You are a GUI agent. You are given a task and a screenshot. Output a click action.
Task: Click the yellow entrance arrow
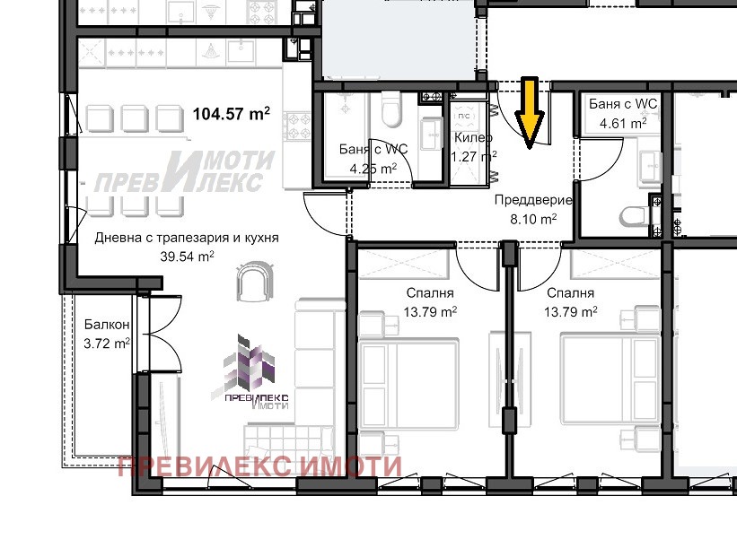coord(530,113)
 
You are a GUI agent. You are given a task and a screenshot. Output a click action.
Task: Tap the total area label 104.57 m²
coord(232,114)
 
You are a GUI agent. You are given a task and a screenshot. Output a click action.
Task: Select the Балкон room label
coord(107,325)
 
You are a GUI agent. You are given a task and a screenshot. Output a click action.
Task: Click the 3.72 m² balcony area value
coord(107,344)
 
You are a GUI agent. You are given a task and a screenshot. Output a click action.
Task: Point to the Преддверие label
coord(533,200)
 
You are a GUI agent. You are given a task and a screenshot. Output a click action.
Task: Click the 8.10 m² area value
coord(533,219)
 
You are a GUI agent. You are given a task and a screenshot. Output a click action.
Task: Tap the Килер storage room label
coord(473,137)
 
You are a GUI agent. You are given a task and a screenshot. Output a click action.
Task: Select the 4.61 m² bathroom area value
coord(623,124)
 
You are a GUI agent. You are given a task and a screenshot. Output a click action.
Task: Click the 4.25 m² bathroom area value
coord(373,168)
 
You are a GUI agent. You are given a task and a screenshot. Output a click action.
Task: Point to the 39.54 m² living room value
coord(187,257)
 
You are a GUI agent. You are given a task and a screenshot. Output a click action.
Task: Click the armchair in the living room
coord(255,281)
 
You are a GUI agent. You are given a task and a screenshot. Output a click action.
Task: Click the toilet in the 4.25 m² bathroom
coord(390,109)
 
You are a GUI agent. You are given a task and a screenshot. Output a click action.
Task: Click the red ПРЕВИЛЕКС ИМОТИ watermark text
coord(260,466)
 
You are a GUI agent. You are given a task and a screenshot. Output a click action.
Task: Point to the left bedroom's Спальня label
coord(430,293)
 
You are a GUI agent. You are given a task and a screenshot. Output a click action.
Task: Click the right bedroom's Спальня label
coord(571,293)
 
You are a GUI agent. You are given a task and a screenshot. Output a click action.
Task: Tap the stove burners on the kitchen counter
coord(296,126)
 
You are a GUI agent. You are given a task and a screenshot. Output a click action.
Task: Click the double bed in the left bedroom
coord(408,384)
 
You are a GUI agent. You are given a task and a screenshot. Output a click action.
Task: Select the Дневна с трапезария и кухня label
coord(187,238)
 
